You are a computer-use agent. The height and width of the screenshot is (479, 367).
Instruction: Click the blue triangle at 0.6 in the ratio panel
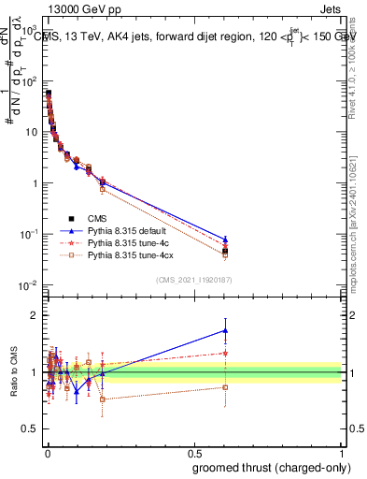(x=225, y=330)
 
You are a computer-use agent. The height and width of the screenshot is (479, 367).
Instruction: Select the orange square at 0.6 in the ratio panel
(x=225, y=386)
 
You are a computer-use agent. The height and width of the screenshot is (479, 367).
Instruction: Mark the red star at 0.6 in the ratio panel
(x=225, y=353)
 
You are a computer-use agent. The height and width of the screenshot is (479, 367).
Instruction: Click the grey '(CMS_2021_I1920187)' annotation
(x=193, y=281)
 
